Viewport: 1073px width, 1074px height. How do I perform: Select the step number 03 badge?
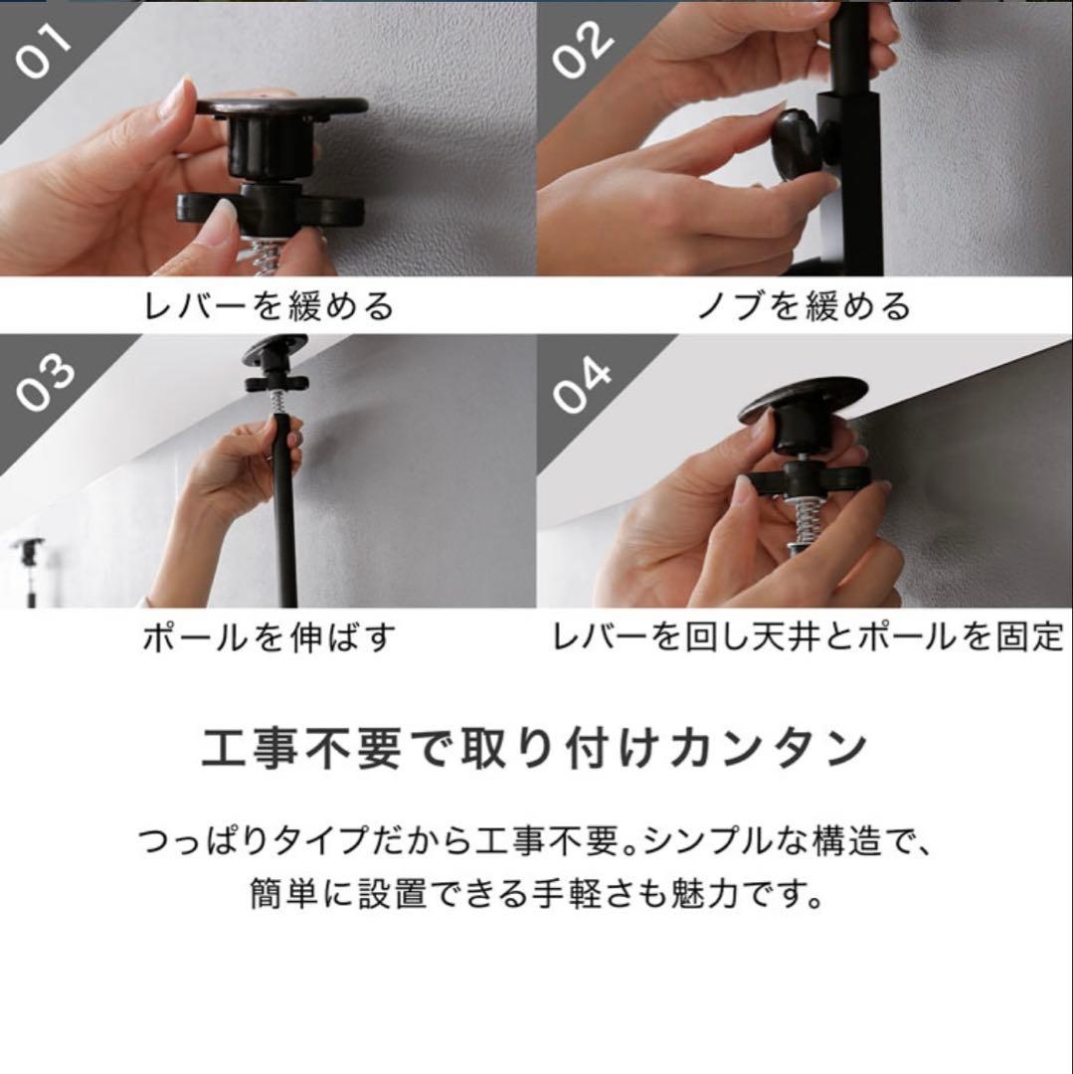point(45,382)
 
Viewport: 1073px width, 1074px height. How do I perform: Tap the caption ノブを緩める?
point(805,305)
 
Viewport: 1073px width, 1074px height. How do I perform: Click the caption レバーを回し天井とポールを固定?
point(807,636)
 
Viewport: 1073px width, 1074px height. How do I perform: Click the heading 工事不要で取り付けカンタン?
point(535,749)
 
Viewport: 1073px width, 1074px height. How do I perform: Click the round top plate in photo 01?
point(281,107)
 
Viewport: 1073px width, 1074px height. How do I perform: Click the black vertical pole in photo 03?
point(285,527)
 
